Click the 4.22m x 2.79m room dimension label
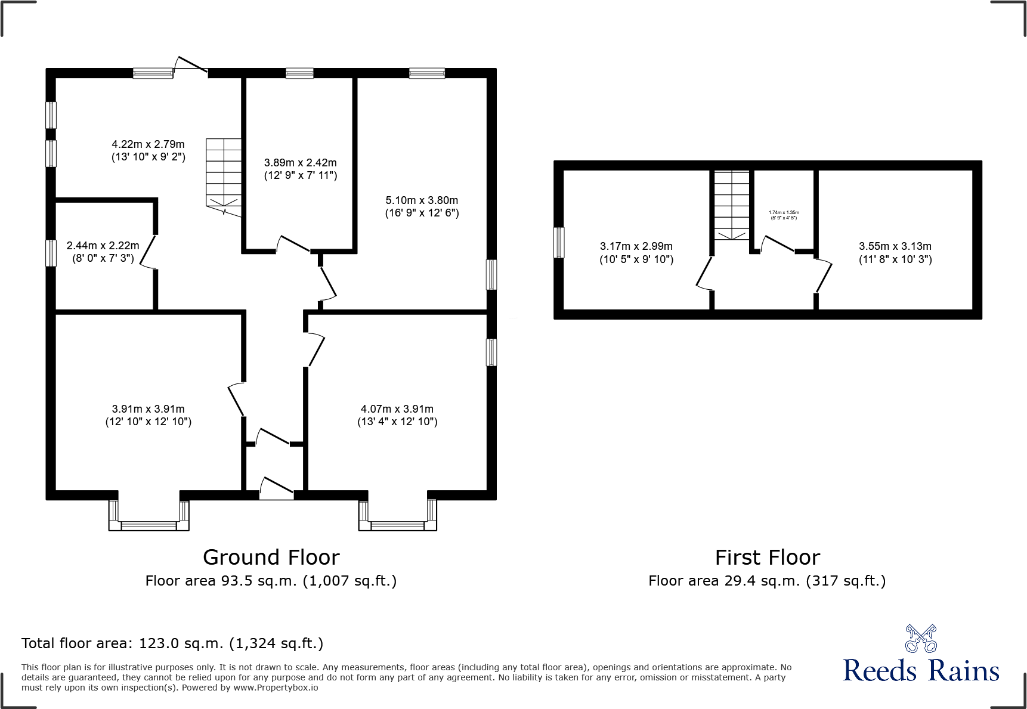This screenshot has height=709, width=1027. (149, 150)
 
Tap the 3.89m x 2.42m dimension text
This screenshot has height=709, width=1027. (301, 169)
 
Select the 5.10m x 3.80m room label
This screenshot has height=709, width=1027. (422, 206)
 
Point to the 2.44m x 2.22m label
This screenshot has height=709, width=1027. (103, 252)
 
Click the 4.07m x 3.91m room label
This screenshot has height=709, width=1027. (397, 415)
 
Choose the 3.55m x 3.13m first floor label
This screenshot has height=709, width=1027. (895, 252)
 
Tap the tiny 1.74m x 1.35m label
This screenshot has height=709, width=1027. (784, 215)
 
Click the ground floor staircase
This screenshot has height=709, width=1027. (224, 173)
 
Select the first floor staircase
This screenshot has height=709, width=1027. (732, 205)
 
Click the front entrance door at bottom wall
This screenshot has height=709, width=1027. (277, 488)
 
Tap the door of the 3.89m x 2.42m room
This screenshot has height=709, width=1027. (293, 244)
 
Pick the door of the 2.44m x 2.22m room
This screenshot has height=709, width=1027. (149, 253)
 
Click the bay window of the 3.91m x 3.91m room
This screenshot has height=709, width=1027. (149, 517)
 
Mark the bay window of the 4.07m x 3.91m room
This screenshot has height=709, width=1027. (398, 517)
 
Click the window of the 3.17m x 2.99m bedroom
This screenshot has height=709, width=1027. (559, 243)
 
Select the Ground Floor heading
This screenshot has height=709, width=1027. (271, 557)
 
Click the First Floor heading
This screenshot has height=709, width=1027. (767, 557)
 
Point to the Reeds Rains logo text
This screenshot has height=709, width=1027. (921, 670)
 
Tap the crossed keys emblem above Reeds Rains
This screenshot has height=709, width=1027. (921, 639)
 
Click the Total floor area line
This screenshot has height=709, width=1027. (172, 643)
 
